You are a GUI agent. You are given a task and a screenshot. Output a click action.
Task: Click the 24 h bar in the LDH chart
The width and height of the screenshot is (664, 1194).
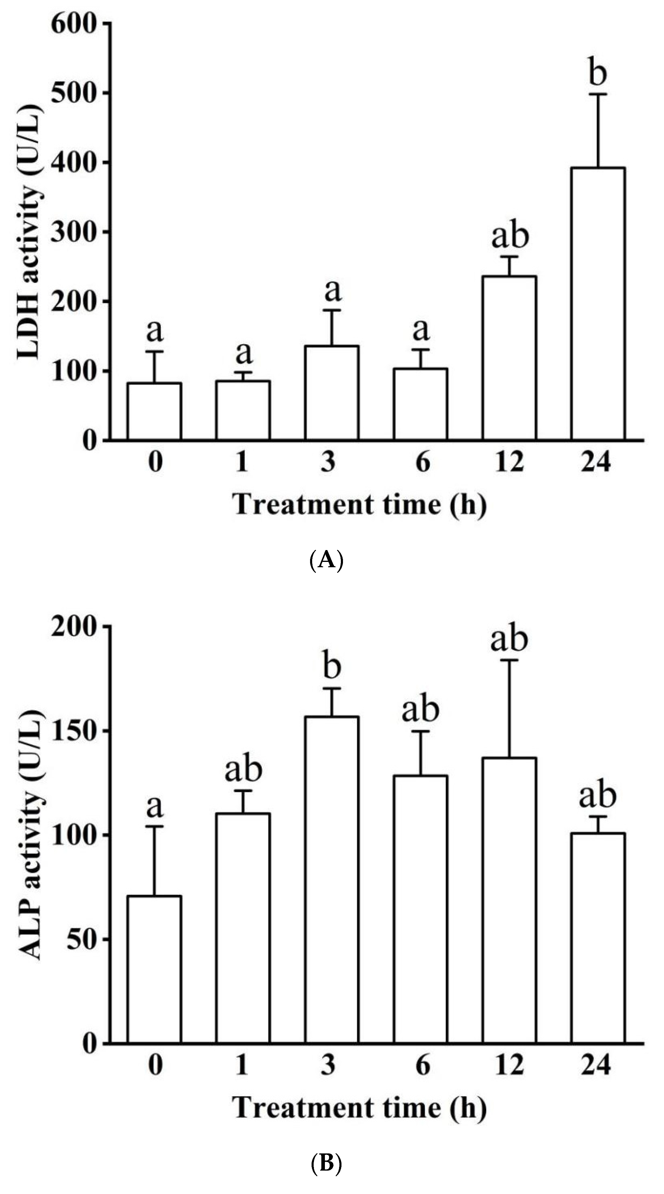tap(598, 304)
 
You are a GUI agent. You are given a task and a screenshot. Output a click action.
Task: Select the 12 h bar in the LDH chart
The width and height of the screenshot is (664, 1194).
tap(509, 358)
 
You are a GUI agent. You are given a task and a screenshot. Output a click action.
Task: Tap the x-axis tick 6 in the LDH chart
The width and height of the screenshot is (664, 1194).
tap(422, 462)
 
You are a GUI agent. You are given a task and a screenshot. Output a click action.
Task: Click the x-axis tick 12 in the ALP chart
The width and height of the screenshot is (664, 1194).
tap(509, 1065)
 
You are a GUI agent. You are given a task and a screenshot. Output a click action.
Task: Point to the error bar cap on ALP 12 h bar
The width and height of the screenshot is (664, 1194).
tap(509, 660)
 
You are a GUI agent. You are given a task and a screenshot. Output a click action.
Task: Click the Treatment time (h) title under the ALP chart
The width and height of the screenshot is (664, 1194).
tap(359, 1108)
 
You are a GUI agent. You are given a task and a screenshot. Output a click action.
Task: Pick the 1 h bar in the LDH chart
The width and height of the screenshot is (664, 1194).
tap(243, 410)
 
